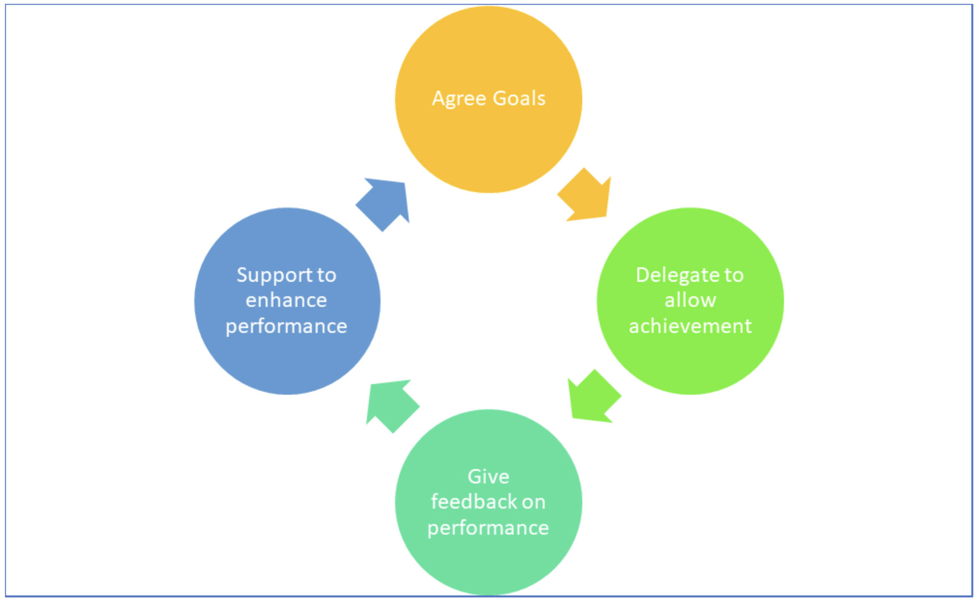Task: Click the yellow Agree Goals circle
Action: (x=488, y=142)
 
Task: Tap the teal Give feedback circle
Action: (x=488, y=562)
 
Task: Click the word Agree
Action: (x=459, y=99)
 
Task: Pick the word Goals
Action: (x=519, y=98)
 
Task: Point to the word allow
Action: (x=690, y=300)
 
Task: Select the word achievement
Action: (x=690, y=326)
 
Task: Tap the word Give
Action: (x=488, y=476)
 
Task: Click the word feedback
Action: (x=474, y=502)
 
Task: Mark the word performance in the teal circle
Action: (x=488, y=528)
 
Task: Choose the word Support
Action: (x=275, y=275)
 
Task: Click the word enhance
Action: (x=286, y=300)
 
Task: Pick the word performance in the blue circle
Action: (x=286, y=326)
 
